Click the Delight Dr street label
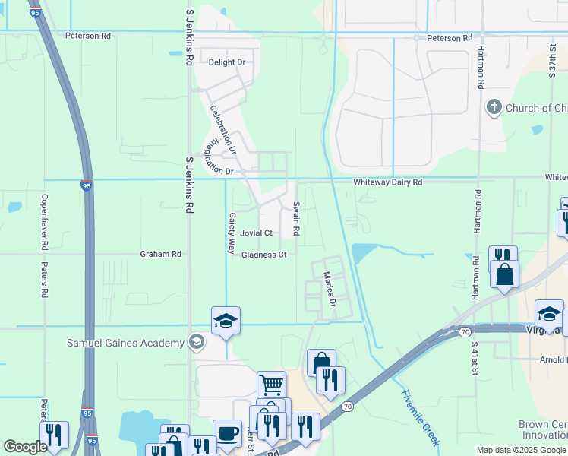pos(227,62)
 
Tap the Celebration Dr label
pos(223,129)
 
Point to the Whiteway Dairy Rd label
pos(387,182)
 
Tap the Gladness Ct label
pos(263,255)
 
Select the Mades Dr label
pos(330,290)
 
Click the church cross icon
pos(494,107)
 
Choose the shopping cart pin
pos(271,384)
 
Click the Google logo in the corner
pos(26,447)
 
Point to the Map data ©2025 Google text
pos(522,450)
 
